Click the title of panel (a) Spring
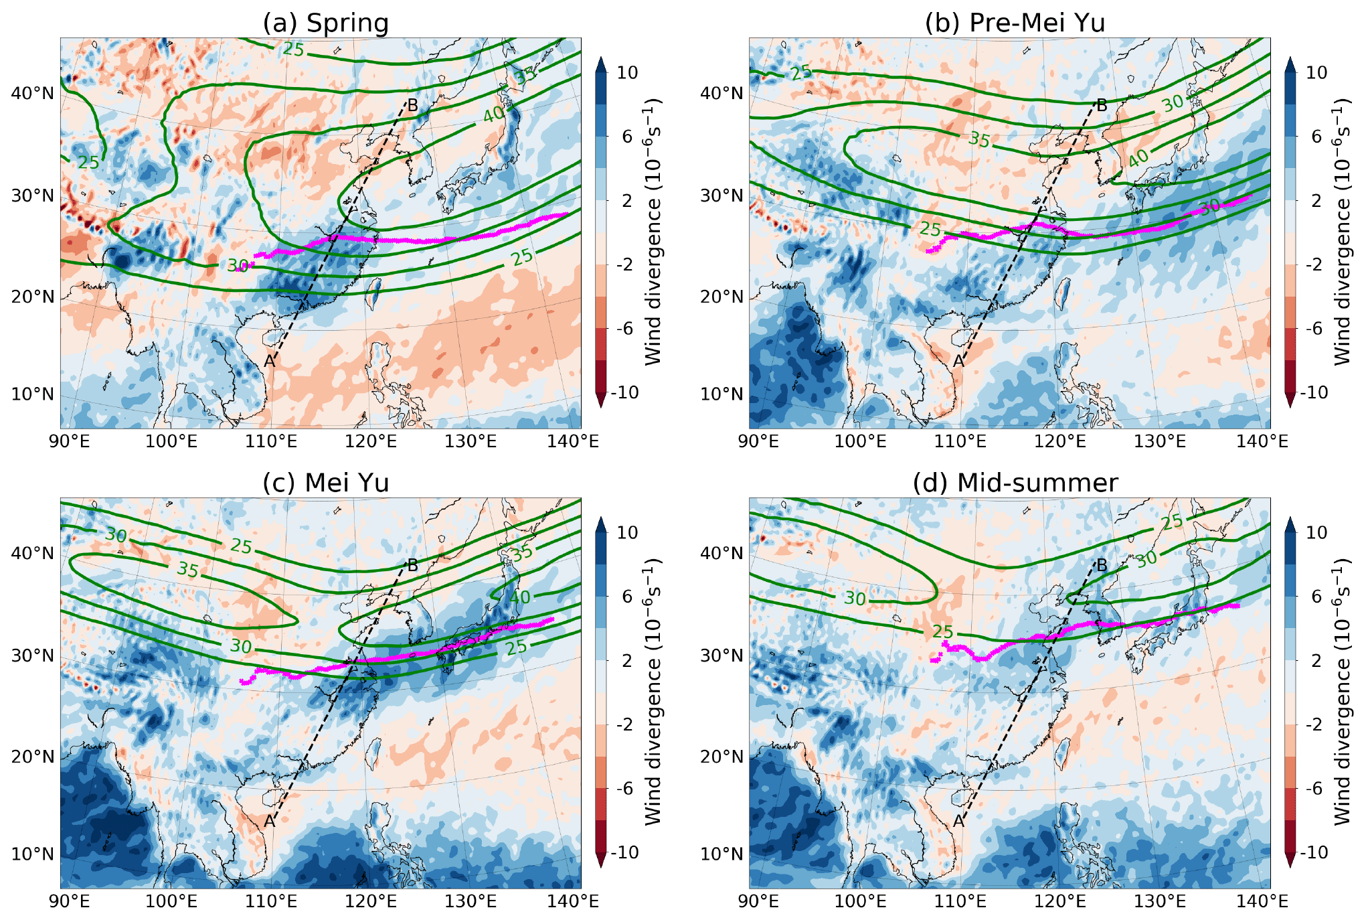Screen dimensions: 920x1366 325,23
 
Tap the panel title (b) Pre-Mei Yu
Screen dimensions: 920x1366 1015,23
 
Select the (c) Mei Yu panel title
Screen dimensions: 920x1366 325,483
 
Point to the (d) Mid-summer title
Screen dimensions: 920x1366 1015,483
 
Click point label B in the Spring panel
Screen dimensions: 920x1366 413,105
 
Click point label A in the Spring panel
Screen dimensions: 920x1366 269,362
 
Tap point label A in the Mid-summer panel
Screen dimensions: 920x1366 958,822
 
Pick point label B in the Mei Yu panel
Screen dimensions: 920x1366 413,566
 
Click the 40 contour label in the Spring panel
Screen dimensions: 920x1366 494,115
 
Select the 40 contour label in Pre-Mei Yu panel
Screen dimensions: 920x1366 1138,159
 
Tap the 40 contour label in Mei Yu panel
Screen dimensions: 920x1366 520,597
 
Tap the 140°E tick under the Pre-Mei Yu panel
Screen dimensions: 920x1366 1270,441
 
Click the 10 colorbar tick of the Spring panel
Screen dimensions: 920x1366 627,72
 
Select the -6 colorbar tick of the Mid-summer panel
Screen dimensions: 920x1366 1316,789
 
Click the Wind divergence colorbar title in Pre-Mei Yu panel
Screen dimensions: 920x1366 1341,232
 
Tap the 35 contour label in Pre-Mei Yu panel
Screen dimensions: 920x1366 979,139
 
